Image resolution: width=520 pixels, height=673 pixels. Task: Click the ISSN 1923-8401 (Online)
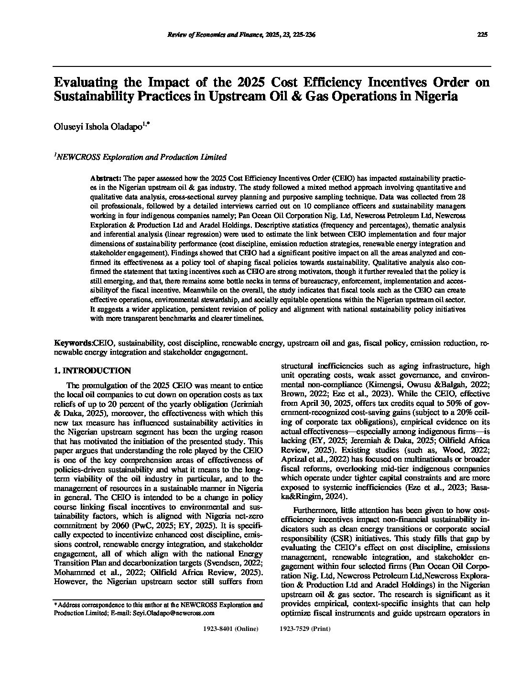point(231,629)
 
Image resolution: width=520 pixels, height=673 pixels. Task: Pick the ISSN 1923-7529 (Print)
point(304,629)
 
